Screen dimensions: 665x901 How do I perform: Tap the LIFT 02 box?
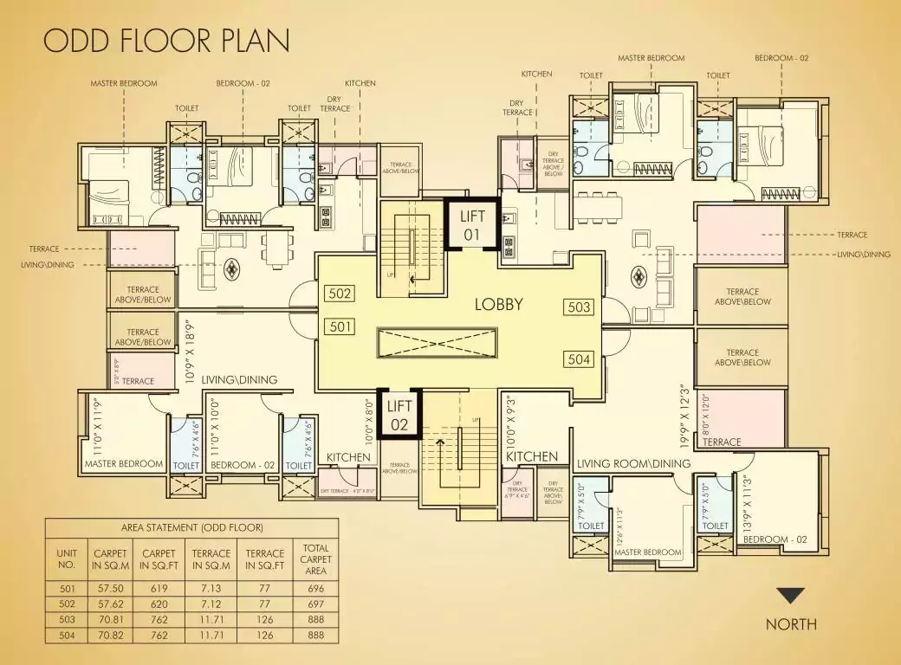click(399, 415)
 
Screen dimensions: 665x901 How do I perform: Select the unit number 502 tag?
click(340, 294)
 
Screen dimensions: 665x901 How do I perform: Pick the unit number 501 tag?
click(340, 326)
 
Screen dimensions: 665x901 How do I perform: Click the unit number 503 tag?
click(578, 307)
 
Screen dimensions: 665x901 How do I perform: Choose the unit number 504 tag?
click(578, 359)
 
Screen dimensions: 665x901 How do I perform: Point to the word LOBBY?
click(498, 305)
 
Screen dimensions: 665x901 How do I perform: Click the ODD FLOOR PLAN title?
click(166, 41)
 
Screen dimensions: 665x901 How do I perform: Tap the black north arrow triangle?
click(790, 596)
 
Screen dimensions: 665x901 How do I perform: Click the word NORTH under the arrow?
click(790, 624)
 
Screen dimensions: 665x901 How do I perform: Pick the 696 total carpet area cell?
click(316, 588)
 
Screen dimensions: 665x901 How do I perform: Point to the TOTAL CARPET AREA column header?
click(316, 559)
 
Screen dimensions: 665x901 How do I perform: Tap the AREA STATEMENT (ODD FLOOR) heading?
click(191, 527)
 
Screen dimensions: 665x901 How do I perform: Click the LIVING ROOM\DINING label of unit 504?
click(633, 463)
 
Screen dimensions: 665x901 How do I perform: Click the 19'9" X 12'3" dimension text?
click(685, 416)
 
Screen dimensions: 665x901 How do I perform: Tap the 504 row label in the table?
click(66, 636)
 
